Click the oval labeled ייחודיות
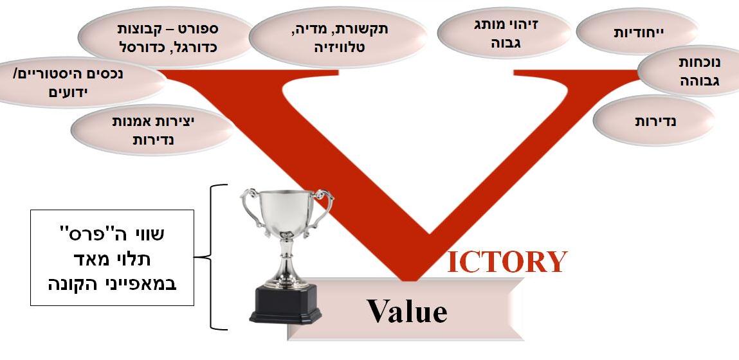point(637,32)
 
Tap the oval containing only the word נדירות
point(654,121)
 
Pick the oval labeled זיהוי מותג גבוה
point(504,32)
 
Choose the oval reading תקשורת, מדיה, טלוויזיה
point(338,37)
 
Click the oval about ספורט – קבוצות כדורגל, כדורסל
point(167,37)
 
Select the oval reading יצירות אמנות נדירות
point(152,130)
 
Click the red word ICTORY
point(507,262)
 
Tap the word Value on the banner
point(407,310)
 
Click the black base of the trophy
point(286,305)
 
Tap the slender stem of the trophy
point(286,258)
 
